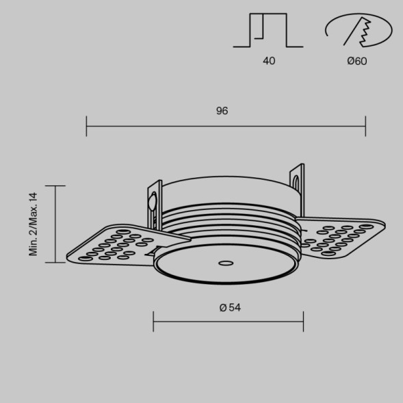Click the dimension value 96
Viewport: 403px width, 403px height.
222,111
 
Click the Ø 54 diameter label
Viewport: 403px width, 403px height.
230,308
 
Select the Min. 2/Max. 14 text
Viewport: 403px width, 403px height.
33,224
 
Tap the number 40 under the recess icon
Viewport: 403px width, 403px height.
269,61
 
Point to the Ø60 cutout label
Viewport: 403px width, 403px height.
357,61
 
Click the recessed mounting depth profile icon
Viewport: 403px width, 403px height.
268,30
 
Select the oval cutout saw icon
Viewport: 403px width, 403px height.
358,31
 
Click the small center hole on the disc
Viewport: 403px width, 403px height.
224,262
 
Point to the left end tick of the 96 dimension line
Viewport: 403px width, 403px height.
87,126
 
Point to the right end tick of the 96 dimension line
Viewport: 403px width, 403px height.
365,126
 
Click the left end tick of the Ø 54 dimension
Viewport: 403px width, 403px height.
153,321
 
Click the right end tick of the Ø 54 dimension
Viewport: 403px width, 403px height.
303,321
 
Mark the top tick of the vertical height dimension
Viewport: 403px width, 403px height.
55,185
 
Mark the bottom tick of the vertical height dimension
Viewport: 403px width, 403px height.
55,262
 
